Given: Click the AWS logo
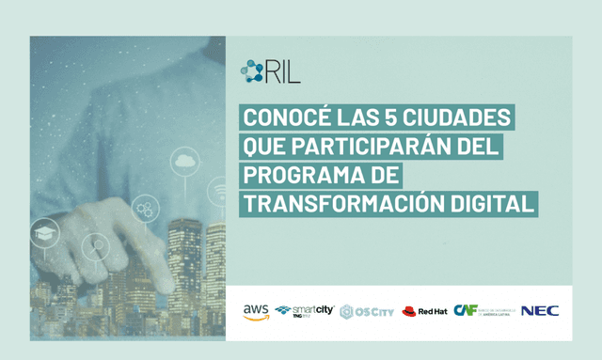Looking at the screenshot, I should [255, 311].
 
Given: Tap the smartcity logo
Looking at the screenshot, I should [304, 311].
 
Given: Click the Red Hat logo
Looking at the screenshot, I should [424, 311].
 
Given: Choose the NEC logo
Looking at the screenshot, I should [539, 310].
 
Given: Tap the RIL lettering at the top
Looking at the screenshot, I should [282, 71].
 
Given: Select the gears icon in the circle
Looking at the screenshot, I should [146, 208].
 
